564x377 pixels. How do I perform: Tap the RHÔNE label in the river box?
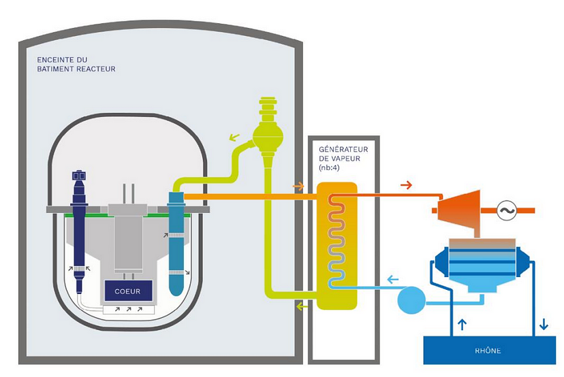tap(487, 350)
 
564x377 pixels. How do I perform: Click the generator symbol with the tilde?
tap(507, 210)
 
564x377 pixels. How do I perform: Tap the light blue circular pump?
tap(411, 300)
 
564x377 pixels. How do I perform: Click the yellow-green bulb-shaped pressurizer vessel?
tap(268, 133)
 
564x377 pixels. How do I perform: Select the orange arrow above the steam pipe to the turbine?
tap(406, 184)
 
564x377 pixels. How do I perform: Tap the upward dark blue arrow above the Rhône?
tap(463, 325)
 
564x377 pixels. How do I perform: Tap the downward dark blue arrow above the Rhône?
tap(543, 325)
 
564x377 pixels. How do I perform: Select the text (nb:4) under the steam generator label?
tap(330, 167)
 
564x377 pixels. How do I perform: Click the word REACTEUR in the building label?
tap(97, 69)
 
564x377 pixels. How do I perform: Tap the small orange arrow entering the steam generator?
tap(298, 186)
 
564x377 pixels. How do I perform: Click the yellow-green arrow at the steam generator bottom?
tap(301, 307)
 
